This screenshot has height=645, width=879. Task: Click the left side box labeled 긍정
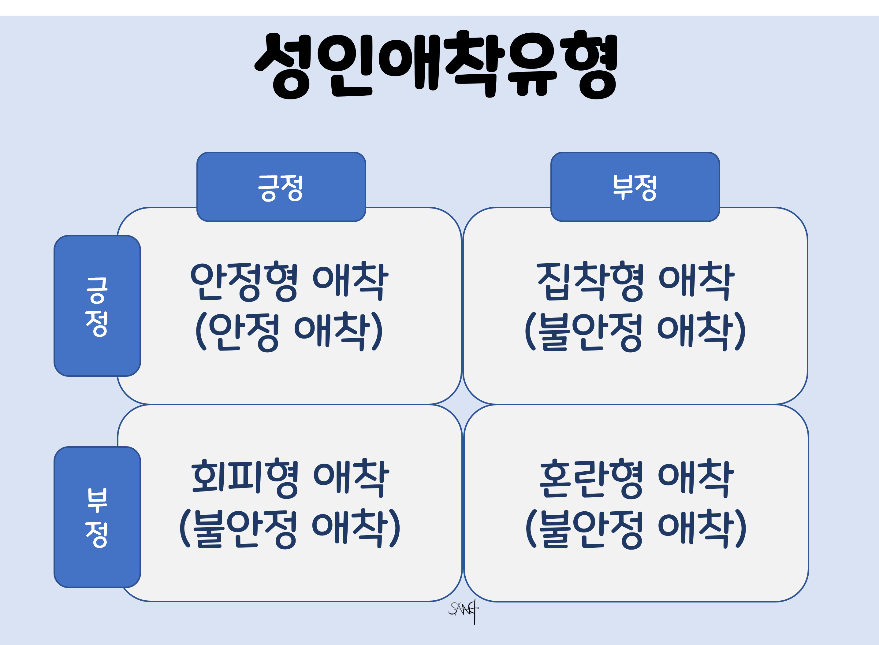click(x=97, y=306)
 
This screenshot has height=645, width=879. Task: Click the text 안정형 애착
click(x=289, y=281)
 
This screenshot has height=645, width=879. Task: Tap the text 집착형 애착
click(x=635, y=281)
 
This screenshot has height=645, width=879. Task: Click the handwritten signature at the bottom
click(x=464, y=610)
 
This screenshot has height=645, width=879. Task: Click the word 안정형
click(x=244, y=281)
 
